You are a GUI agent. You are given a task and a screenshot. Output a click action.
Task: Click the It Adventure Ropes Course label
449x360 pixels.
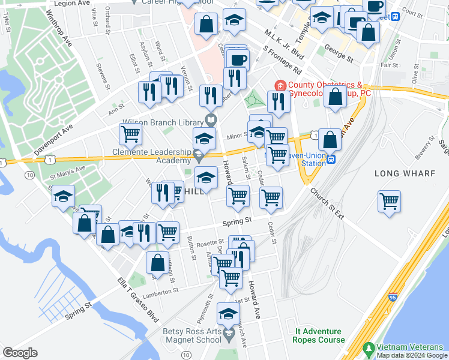coord(318,335)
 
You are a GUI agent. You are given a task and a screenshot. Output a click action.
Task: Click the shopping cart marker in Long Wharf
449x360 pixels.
coord(390,201)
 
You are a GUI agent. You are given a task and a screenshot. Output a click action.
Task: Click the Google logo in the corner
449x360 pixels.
coord(20,353)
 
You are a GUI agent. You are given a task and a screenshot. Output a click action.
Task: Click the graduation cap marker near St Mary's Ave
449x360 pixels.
coord(63,197)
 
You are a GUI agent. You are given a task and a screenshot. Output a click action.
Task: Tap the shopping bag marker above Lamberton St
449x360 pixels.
coord(157,263)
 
